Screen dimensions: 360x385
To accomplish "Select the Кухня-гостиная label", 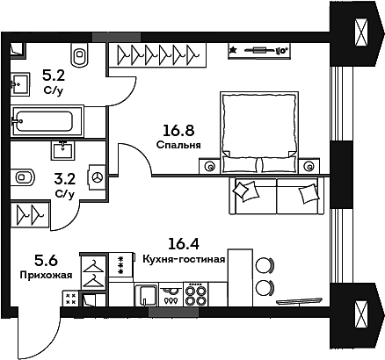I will [x=184, y=259].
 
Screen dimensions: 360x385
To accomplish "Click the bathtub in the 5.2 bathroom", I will [x=47, y=119].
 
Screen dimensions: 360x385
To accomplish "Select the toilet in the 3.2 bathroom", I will [x=24, y=176].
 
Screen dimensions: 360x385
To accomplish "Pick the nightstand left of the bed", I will [x=209, y=165].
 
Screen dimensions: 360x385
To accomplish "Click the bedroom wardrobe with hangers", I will [x=156, y=55].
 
